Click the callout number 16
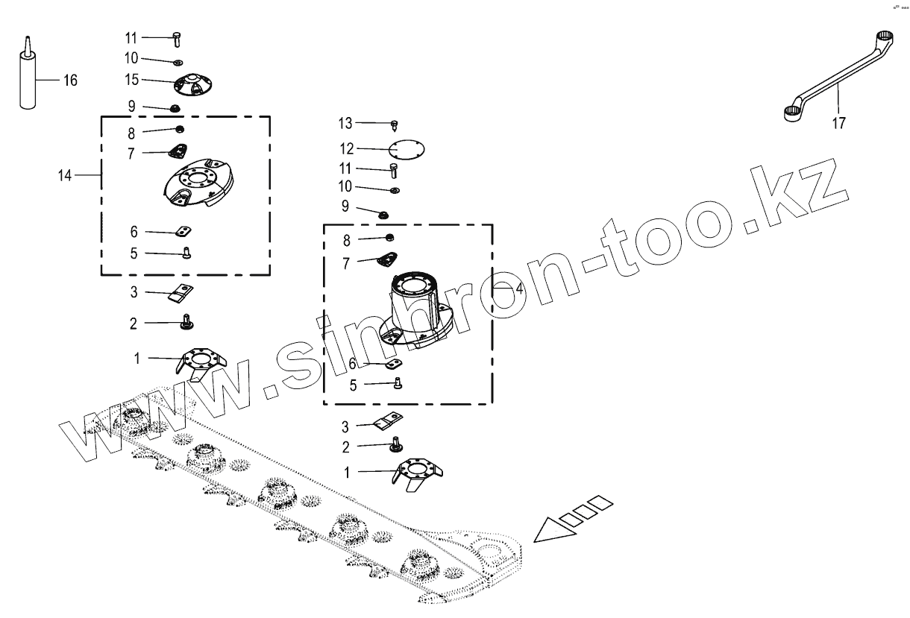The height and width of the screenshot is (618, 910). pyautogui.click(x=70, y=81)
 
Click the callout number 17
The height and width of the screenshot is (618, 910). pyautogui.click(x=839, y=124)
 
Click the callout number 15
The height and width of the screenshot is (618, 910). pyautogui.click(x=132, y=79)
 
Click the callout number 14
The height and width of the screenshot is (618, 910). pyautogui.click(x=65, y=175)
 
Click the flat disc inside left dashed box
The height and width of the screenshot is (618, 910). pyautogui.click(x=197, y=183)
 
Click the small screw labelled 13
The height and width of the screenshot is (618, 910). pyautogui.click(x=395, y=124)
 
